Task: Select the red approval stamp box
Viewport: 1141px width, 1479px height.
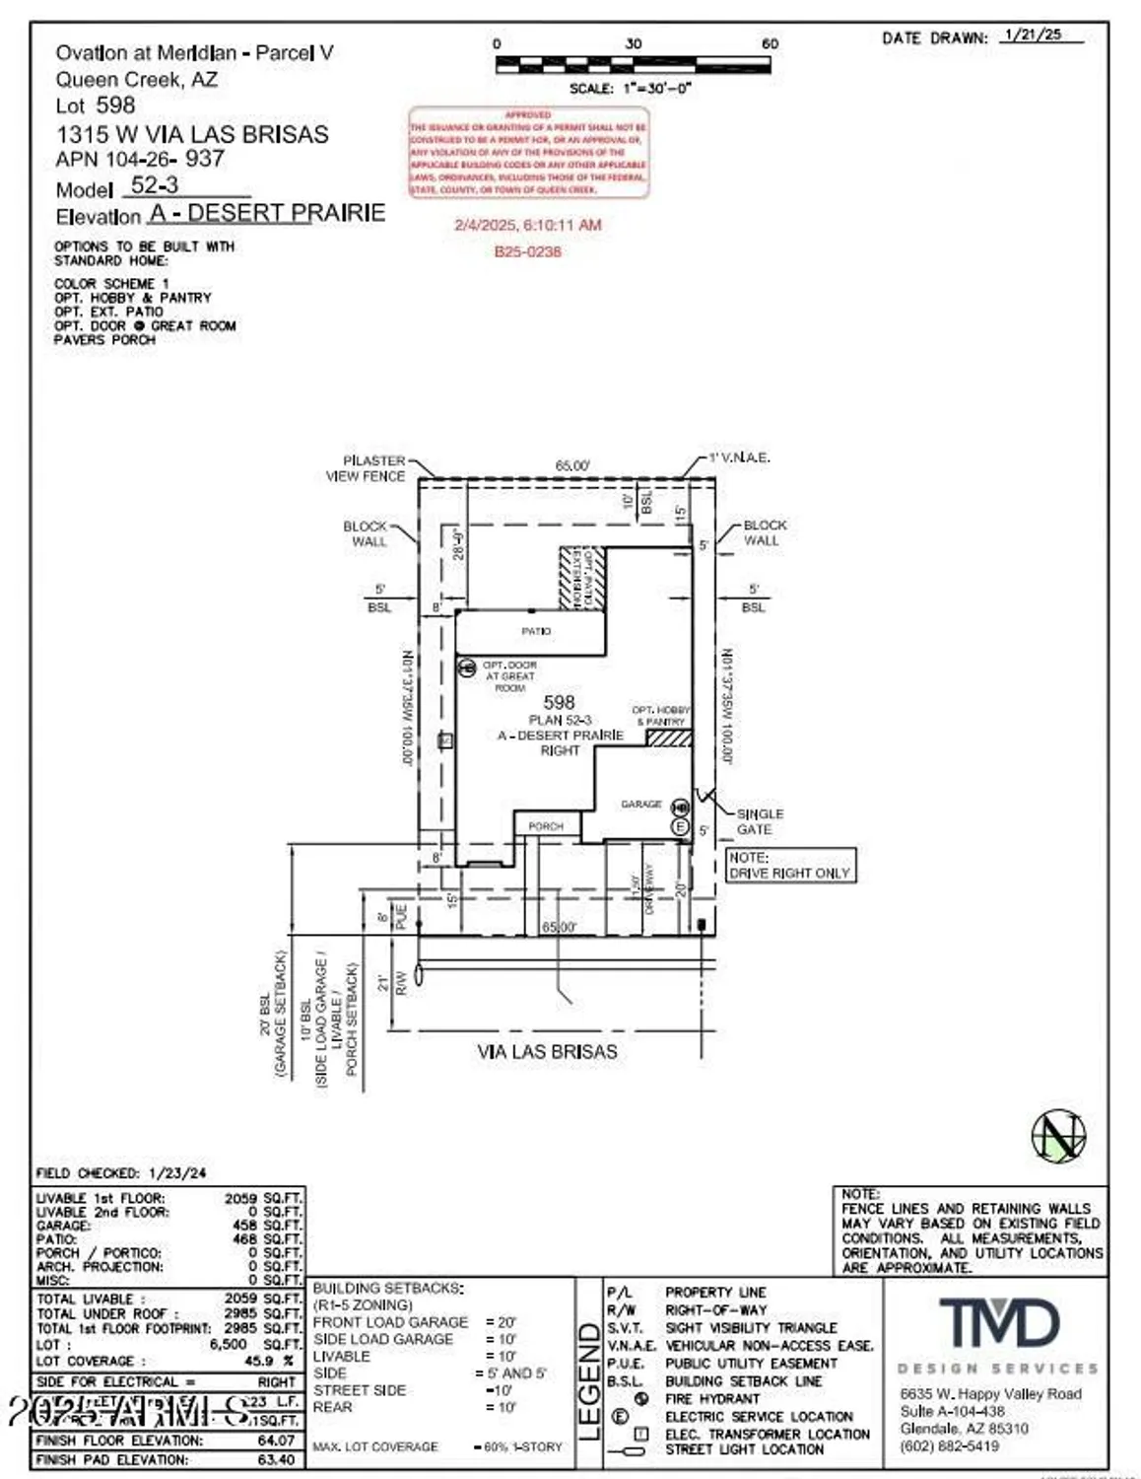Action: (x=529, y=153)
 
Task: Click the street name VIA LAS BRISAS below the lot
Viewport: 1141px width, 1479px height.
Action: (x=547, y=1052)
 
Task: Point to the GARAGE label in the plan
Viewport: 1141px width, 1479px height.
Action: (x=640, y=805)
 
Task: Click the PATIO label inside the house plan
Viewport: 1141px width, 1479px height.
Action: (x=536, y=631)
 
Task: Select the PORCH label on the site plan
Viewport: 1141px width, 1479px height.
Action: (x=546, y=826)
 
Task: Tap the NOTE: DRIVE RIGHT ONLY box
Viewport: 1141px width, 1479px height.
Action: (x=790, y=866)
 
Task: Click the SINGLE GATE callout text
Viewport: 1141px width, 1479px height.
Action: (x=760, y=821)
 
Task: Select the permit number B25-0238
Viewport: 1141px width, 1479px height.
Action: (x=527, y=251)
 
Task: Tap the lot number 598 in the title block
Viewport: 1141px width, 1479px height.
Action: (x=115, y=106)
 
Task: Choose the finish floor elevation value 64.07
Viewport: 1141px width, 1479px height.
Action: (x=276, y=1441)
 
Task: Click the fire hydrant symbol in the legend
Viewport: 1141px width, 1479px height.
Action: (x=641, y=1398)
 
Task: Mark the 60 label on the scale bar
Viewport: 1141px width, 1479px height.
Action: (x=770, y=43)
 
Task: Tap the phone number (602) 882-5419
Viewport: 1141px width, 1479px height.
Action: (x=949, y=1445)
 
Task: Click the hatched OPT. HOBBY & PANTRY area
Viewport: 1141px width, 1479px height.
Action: (x=668, y=739)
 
